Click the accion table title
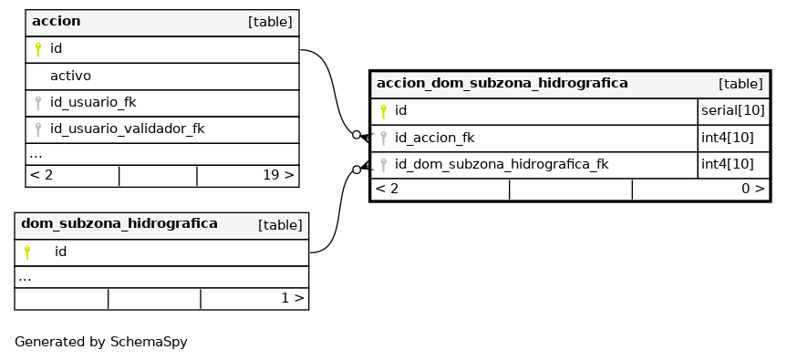(57, 21)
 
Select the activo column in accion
(70, 76)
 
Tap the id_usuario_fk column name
(93, 102)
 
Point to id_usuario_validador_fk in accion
(127, 129)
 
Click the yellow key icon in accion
(37, 49)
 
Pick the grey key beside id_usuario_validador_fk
(37, 129)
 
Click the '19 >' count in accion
(278, 175)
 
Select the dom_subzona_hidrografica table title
(119, 223)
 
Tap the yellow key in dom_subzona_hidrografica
(27, 252)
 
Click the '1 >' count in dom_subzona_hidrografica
(292, 298)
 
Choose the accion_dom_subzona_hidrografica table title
(502, 83)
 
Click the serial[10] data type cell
(733, 111)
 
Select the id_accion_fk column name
(434, 138)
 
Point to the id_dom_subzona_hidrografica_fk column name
(502, 164)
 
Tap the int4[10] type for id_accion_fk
(728, 138)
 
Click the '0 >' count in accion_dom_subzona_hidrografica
(753, 189)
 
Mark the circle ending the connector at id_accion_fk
(357, 134)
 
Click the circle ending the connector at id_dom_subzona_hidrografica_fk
(357, 170)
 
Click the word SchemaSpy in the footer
(149, 342)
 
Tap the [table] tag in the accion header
(270, 22)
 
